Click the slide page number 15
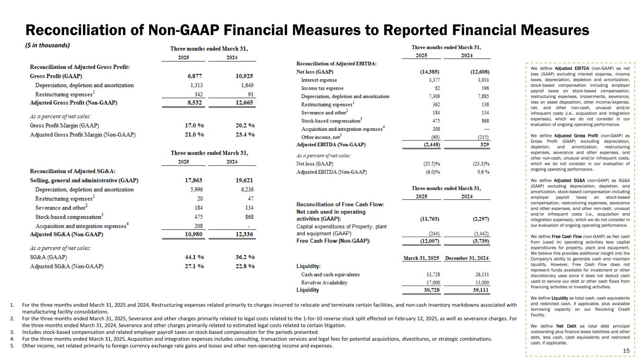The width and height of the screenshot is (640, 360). coord(626,351)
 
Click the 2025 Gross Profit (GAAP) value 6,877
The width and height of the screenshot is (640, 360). coord(196,76)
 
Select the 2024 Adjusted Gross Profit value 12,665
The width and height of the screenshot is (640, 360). coord(244,102)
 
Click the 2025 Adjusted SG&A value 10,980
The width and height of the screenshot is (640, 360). coord(195,234)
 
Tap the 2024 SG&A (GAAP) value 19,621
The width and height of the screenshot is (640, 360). coord(244,180)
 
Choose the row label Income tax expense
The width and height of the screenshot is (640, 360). coord(322,88)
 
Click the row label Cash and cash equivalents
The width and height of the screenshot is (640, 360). coord(330,275)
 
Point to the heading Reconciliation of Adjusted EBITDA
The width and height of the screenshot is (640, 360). coord(336,64)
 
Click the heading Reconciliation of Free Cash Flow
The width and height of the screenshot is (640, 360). coord(340,204)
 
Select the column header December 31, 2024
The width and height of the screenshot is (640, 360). coord(467,258)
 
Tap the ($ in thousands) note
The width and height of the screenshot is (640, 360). coord(47,45)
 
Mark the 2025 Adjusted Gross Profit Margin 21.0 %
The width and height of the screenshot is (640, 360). coord(195,135)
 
